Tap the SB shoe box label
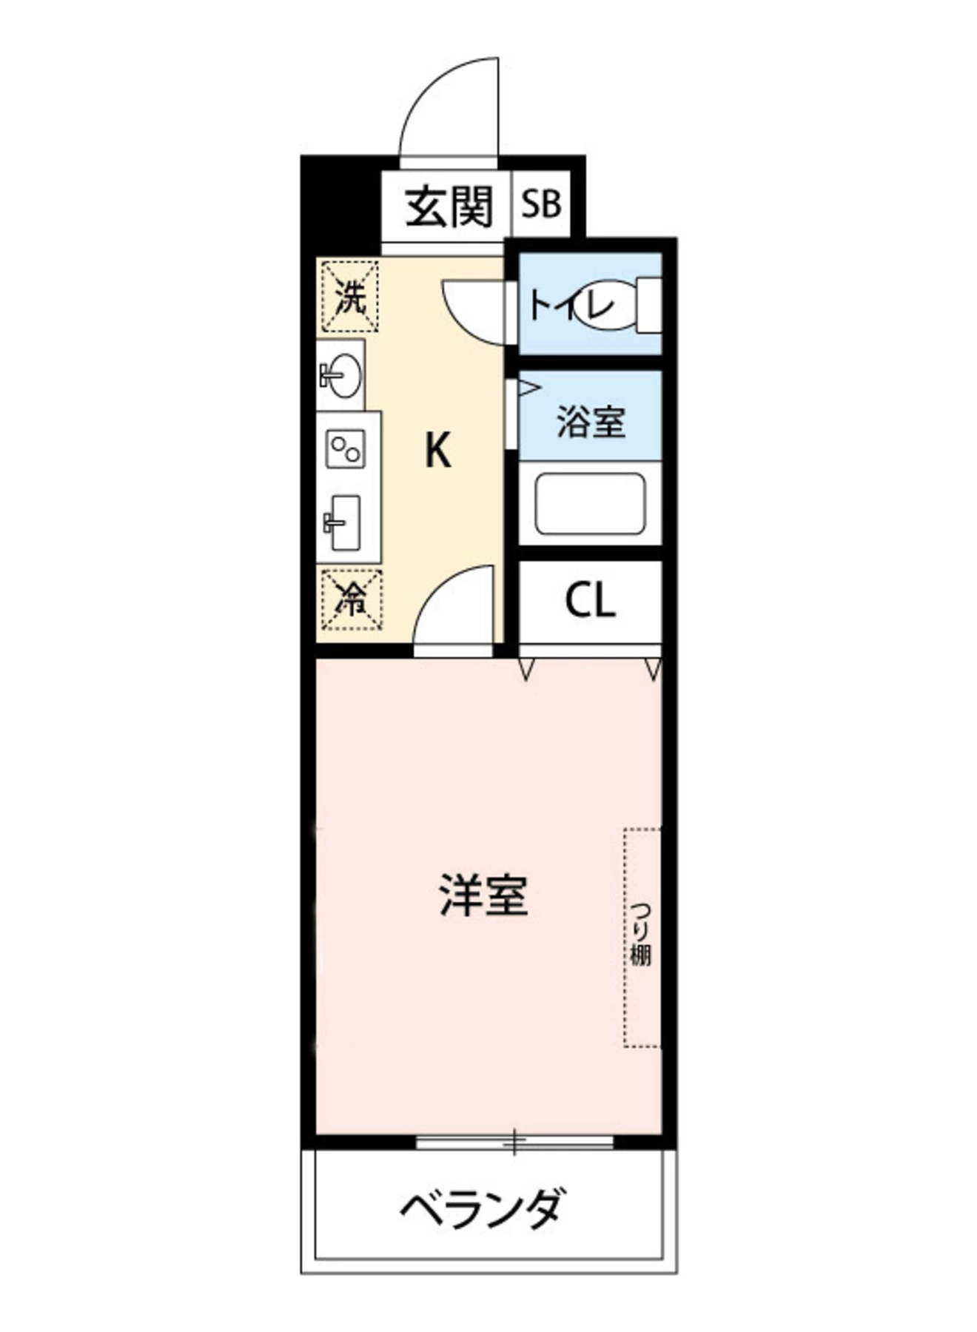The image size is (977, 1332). [541, 204]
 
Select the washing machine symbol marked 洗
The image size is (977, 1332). [350, 296]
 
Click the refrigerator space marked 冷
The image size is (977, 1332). [351, 598]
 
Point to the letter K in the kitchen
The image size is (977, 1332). [438, 450]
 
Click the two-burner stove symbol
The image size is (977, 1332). [346, 448]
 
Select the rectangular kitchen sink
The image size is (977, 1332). [345, 522]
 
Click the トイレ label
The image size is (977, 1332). [570, 305]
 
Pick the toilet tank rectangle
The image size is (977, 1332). [650, 304]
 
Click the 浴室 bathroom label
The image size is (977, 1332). [591, 422]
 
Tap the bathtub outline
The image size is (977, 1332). [590, 504]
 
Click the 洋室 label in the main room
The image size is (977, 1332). [484, 895]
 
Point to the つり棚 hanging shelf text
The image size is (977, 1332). [640, 934]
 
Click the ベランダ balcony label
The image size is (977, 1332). [485, 1208]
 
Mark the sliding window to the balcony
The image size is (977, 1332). [514, 1142]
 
